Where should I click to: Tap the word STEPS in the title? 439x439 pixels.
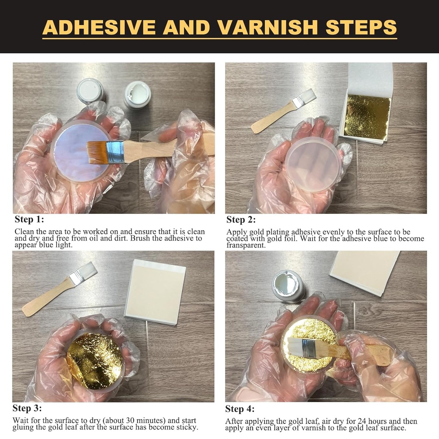[361, 27]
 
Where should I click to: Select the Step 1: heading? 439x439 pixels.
[29, 219]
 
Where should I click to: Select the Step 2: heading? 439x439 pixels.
[241, 220]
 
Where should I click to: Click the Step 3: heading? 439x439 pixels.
[27, 408]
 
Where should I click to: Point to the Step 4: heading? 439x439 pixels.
[240, 409]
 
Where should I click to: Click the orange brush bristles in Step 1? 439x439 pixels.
[96, 152]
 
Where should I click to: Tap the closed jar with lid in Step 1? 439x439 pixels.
[90, 90]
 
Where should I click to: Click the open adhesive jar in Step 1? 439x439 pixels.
[137, 94]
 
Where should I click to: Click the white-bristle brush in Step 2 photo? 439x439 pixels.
[283, 111]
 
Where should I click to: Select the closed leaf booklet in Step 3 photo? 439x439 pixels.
[155, 292]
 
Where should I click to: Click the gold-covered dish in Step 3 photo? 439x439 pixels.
[95, 360]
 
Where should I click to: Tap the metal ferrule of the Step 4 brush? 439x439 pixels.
[310, 349]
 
